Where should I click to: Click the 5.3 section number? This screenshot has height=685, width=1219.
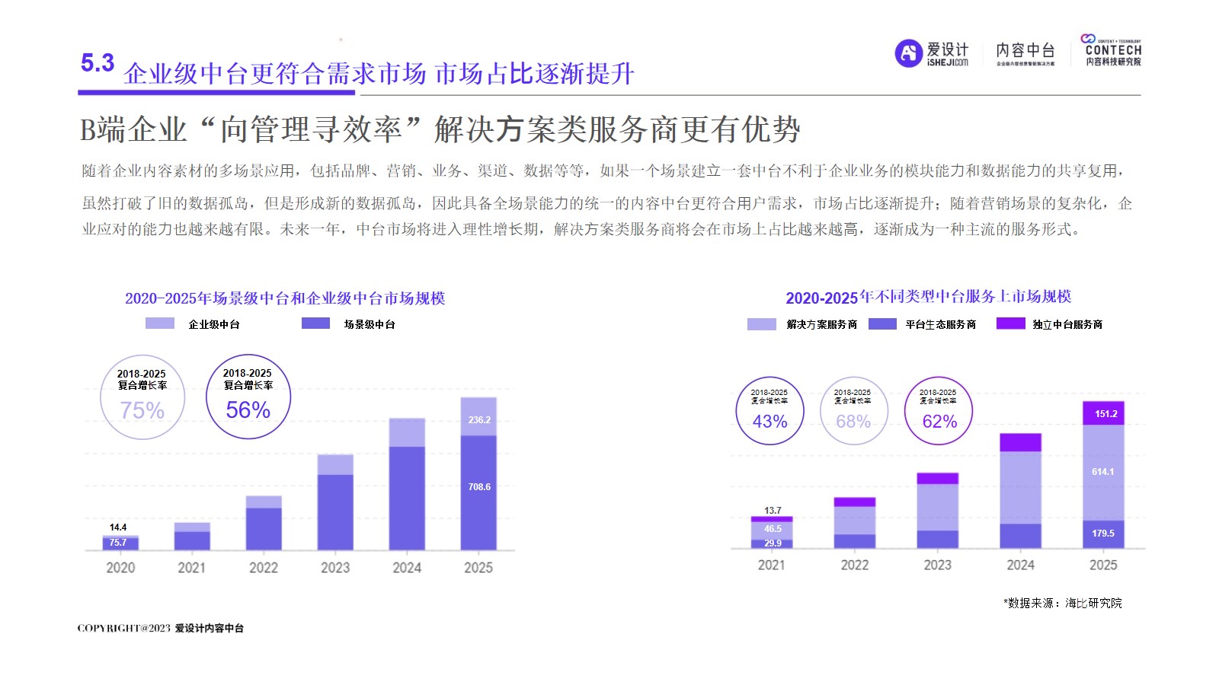click(98, 63)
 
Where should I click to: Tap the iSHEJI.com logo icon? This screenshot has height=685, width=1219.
click(908, 53)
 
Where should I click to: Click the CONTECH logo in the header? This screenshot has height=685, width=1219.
click(1112, 50)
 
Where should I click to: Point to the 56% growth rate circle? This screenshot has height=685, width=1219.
click(248, 397)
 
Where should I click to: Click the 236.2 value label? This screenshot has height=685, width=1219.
click(479, 420)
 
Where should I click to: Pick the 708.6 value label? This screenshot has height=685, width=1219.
click(479, 487)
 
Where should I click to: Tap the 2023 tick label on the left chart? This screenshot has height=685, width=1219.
click(335, 568)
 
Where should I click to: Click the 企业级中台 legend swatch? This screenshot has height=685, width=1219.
click(160, 323)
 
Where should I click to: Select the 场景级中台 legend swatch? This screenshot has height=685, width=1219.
click(315, 323)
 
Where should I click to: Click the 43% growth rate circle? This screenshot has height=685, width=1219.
click(769, 411)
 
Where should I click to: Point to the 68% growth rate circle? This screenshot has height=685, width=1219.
click(853, 411)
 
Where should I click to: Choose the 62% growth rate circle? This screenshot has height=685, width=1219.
click(939, 411)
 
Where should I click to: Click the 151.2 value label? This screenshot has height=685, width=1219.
click(1105, 414)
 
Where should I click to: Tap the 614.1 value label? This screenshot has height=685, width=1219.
click(1102, 472)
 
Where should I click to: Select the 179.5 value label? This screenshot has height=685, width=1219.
click(1102, 534)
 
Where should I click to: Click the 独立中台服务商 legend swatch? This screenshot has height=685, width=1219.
click(1010, 323)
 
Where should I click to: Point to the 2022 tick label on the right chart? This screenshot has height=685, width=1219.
click(855, 566)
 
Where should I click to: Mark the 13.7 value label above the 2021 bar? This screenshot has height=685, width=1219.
click(773, 511)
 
